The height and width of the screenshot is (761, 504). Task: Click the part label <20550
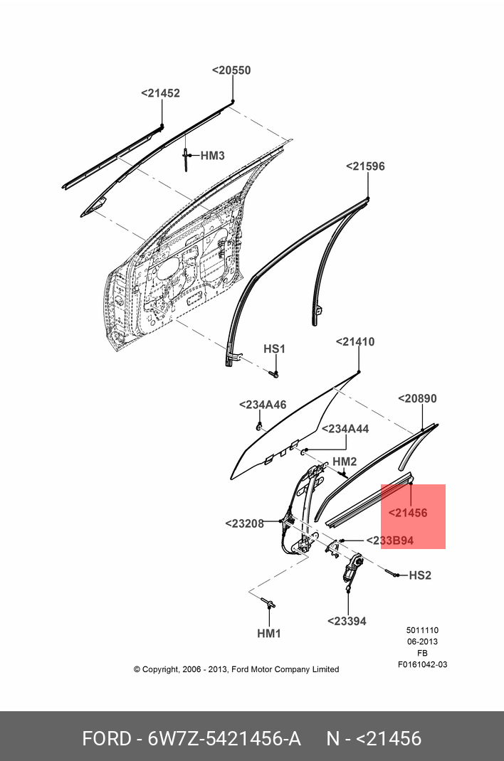(x=231, y=70)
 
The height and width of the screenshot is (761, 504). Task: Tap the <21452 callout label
(x=160, y=93)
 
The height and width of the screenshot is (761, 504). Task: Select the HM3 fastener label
(x=212, y=156)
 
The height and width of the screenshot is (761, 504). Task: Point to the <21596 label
(x=365, y=166)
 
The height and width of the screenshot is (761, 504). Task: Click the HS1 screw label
(x=274, y=349)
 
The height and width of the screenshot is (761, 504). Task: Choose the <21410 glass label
(x=355, y=342)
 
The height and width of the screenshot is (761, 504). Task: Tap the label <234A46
(x=262, y=405)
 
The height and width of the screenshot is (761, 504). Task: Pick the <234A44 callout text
(x=345, y=429)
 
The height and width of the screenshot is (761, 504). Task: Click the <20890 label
(x=417, y=399)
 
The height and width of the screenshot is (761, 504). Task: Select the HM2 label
(x=345, y=462)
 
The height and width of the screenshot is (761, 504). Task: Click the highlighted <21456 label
(x=408, y=513)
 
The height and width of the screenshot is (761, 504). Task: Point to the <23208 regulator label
(x=244, y=523)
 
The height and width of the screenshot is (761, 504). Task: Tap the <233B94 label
(x=389, y=541)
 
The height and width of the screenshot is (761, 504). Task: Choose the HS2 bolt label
(x=420, y=575)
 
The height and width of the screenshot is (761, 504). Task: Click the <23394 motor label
(x=347, y=621)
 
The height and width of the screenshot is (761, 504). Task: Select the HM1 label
(x=269, y=633)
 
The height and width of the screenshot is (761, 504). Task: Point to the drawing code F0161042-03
(x=422, y=664)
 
